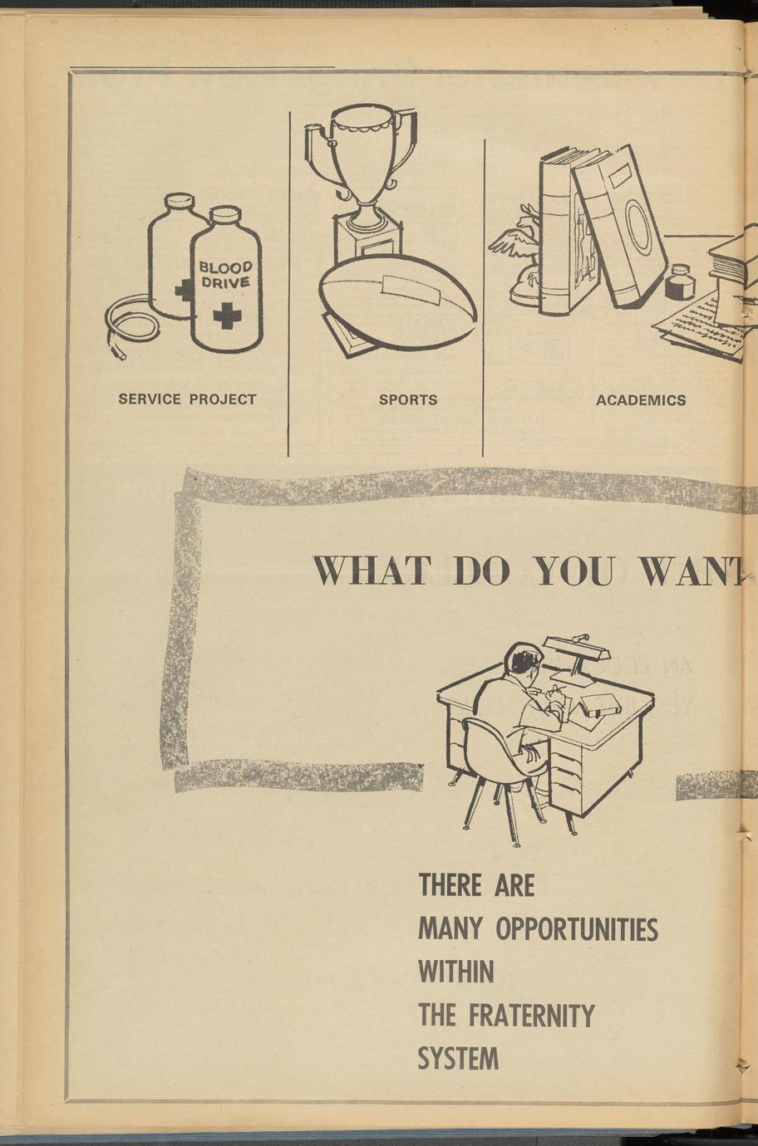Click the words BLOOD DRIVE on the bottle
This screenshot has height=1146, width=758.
[x=225, y=275]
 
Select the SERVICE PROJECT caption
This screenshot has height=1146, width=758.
[x=187, y=399]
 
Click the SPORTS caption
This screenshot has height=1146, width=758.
[x=408, y=399]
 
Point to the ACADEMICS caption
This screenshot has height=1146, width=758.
[x=641, y=400]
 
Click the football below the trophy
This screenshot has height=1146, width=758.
[x=398, y=301]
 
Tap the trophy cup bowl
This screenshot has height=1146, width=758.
[x=363, y=154]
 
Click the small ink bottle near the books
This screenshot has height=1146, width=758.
[x=679, y=283]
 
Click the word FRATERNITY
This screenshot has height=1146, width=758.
[x=531, y=1015]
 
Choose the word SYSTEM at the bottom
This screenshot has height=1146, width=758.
[x=458, y=1059]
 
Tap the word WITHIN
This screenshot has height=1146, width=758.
[x=455, y=972]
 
